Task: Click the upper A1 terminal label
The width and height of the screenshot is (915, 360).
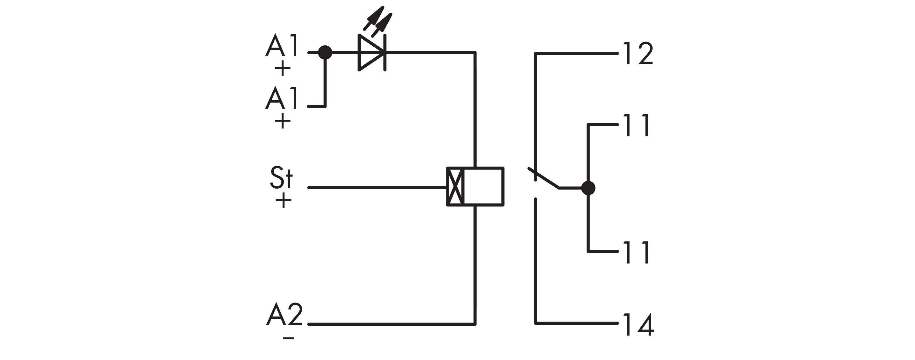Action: tap(281, 46)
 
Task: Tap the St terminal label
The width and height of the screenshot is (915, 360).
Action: tap(281, 177)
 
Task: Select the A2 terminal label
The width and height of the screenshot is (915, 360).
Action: tap(284, 315)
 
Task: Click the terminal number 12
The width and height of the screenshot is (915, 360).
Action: tap(638, 54)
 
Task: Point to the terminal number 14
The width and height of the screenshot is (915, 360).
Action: tap(638, 324)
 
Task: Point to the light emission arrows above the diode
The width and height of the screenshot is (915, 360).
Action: tap(378, 21)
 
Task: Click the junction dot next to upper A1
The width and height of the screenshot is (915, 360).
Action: tap(325, 53)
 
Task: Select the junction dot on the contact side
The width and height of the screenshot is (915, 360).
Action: tap(588, 188)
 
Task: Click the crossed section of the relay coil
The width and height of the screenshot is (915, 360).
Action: tap(455, 186)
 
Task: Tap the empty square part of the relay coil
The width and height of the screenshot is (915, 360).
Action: tap(483, 186)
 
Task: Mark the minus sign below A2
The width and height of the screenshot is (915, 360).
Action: tap(288, 338)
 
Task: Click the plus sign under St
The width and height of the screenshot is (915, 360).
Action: tap(283, 201)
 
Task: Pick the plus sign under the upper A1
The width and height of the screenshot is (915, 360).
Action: tap(282, 68)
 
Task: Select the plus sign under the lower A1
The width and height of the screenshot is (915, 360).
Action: tap(282, 121)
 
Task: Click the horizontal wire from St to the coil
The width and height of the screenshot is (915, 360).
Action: tap(377, 187)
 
